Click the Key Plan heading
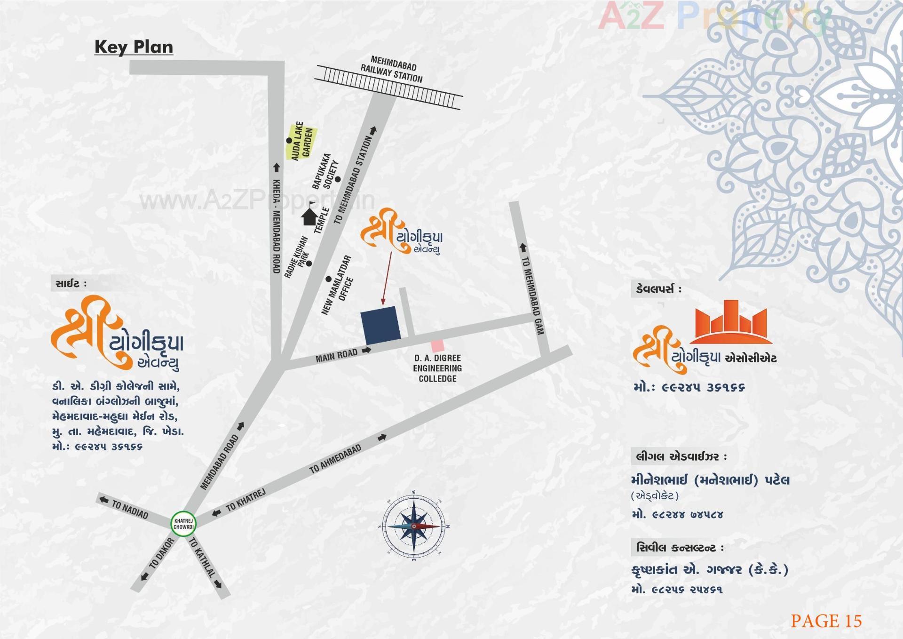tap(134, 47)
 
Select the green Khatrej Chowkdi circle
tap(183, 523)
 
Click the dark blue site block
tap(380, 325)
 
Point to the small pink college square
tap(437, 346)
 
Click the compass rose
tap(413, 526)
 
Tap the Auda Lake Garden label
tap(301, 141)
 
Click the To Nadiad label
tap(129, 510)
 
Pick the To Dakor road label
tap(161, 554)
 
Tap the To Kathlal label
tap(202, 557)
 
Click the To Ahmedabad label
tap(335, 459)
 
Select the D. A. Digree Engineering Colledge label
tap(437, 368)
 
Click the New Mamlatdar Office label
tap(337, 285)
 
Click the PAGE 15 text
tap(826, 621)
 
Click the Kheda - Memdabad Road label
tap(277, 226)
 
